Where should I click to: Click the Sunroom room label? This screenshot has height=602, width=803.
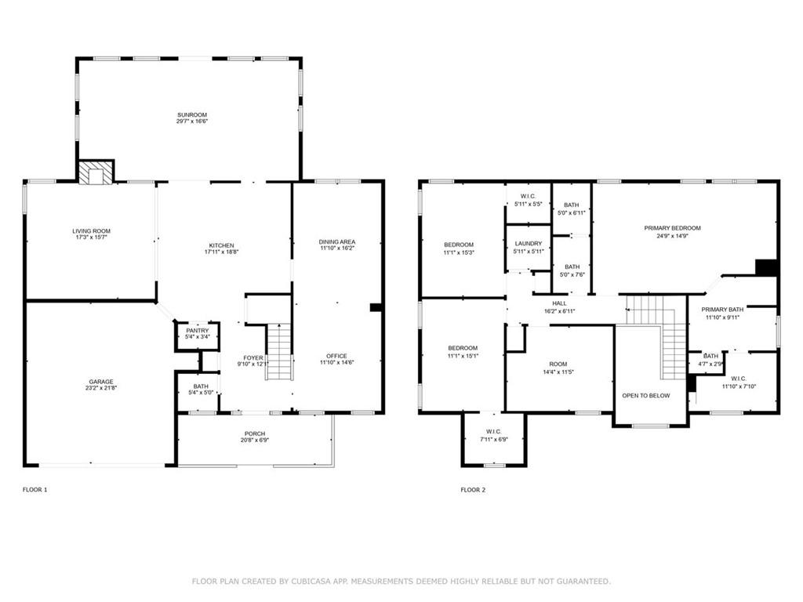point(192,114)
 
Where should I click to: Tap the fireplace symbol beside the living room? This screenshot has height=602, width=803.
point(96,172)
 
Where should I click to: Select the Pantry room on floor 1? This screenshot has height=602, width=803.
point(198,336)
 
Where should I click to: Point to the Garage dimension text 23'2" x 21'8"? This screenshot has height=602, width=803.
point(101,388)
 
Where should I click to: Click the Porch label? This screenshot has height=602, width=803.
point(255,433)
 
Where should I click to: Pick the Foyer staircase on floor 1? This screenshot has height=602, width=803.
point(279,352)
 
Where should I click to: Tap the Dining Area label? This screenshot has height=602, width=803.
point(337,241)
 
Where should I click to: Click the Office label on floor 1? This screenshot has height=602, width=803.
point(336,356)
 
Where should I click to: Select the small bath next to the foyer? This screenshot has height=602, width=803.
point(198,390)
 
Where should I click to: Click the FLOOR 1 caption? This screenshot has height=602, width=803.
point(35,490)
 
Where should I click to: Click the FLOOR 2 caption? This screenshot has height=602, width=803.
point(473,490)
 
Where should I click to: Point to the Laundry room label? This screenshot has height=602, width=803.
point(528,244)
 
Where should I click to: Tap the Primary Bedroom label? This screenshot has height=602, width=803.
point(672,228)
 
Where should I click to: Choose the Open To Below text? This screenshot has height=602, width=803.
point(646,396)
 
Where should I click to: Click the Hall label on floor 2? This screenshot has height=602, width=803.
point(560,303)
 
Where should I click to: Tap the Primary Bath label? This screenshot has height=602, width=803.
point(722,310)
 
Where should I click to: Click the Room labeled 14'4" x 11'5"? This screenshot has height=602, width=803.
point(559,368)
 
